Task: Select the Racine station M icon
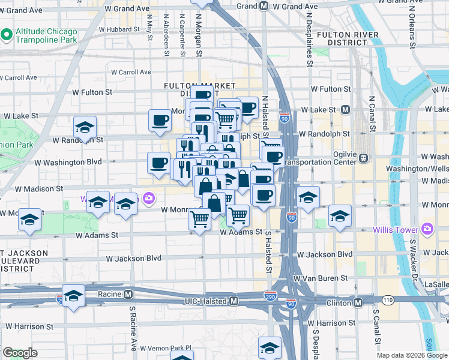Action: (128, 295)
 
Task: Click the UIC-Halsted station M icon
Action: (234, 301)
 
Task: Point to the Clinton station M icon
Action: (358, 302)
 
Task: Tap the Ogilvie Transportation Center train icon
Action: (364, 158)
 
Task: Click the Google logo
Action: (20, 353)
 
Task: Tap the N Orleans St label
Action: (412, 30)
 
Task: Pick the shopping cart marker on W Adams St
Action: (199, 219)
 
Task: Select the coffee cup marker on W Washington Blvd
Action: (159, 163)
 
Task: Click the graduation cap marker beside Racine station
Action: (73, 296)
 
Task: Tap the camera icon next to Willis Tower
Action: (427, 229)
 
